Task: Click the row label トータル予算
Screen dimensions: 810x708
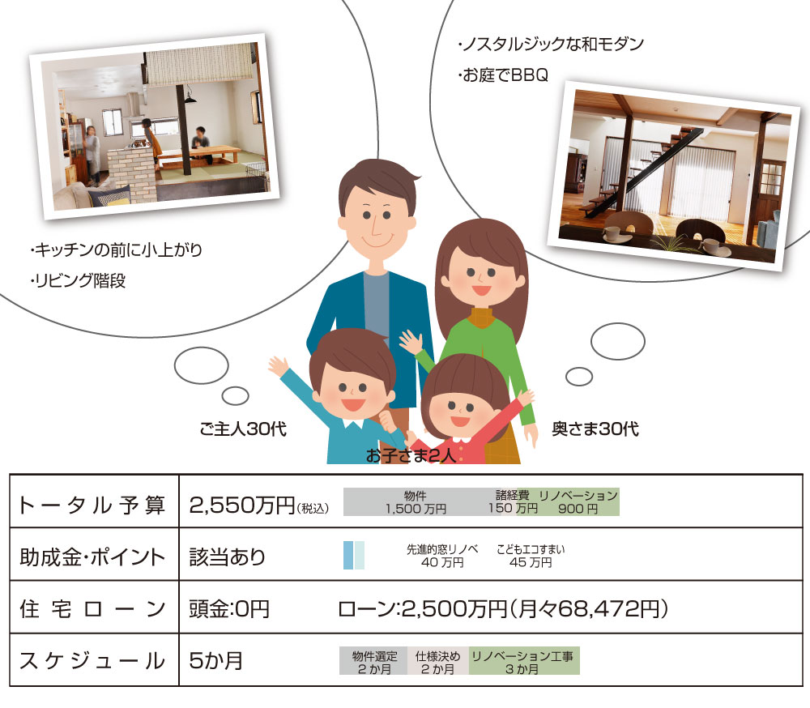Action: [92, 505]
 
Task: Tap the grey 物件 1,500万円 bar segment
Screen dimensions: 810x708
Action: [416, 501]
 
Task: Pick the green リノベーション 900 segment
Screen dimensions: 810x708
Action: [578, 501]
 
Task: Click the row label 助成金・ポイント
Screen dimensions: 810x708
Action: [92, 557]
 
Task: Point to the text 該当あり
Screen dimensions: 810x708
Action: [228, 557]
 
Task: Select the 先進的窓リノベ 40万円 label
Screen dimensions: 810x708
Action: [442, 556]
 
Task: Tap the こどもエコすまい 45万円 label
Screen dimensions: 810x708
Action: [531, 556]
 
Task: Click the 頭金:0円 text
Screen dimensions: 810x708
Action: [229, 609]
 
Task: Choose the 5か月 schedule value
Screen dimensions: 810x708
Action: [216, 660]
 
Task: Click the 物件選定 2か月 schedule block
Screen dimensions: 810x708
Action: [373, 661]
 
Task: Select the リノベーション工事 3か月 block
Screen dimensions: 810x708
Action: [524, 661]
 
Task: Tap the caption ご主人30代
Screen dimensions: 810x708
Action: [243, 429]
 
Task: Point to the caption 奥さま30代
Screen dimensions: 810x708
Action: [595, 429]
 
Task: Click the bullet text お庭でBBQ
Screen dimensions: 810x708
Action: [503, 75]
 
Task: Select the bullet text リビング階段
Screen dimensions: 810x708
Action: [78, 280]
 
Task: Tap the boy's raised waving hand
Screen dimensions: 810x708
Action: [279, 367]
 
